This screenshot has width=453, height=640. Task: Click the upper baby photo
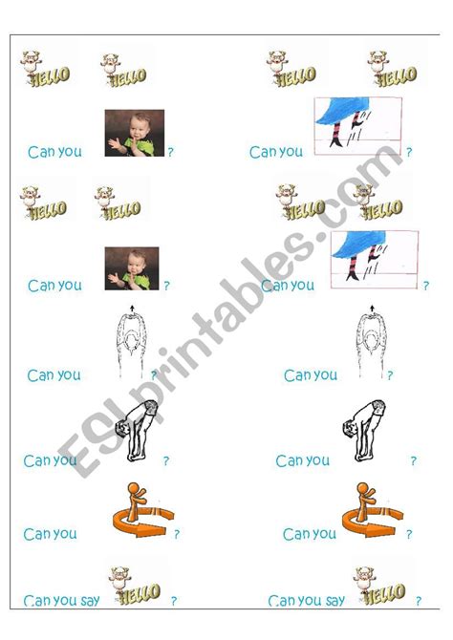(x=134, y=133)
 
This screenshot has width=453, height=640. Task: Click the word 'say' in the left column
(x=90, y=601)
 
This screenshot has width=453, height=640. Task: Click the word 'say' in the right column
(x=334, y=601)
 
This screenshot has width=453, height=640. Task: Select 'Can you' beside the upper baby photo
(x=54, y=152)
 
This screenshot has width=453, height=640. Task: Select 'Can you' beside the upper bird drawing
(x=275, y=152)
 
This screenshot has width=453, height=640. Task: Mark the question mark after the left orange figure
(x=176, y=535)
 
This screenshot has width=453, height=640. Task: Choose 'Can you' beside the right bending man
(x=302, y=461)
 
